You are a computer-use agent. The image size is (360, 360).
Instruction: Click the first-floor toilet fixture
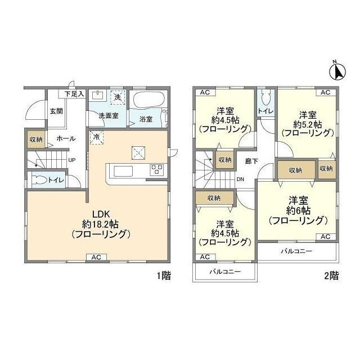click(x=39, y=181)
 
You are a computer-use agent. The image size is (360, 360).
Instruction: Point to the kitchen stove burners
click(x=156, y=169)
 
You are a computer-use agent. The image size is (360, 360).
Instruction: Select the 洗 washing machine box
click(x=118, y=97)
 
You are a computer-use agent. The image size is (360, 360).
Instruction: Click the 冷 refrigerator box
click(x=96, y=137)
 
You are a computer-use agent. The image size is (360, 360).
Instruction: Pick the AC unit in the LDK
click(x=96, y=258)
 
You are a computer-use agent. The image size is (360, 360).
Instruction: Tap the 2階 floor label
click(x=331, y=276)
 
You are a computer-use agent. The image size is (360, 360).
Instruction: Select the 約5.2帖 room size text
click(x=307, y=124)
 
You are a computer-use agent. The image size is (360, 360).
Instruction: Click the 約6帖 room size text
click(x=298, y=210)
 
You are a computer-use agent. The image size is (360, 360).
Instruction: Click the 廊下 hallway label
click(x=251, y=161)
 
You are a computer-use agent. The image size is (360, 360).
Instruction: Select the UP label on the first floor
click(x=71, y=160)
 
